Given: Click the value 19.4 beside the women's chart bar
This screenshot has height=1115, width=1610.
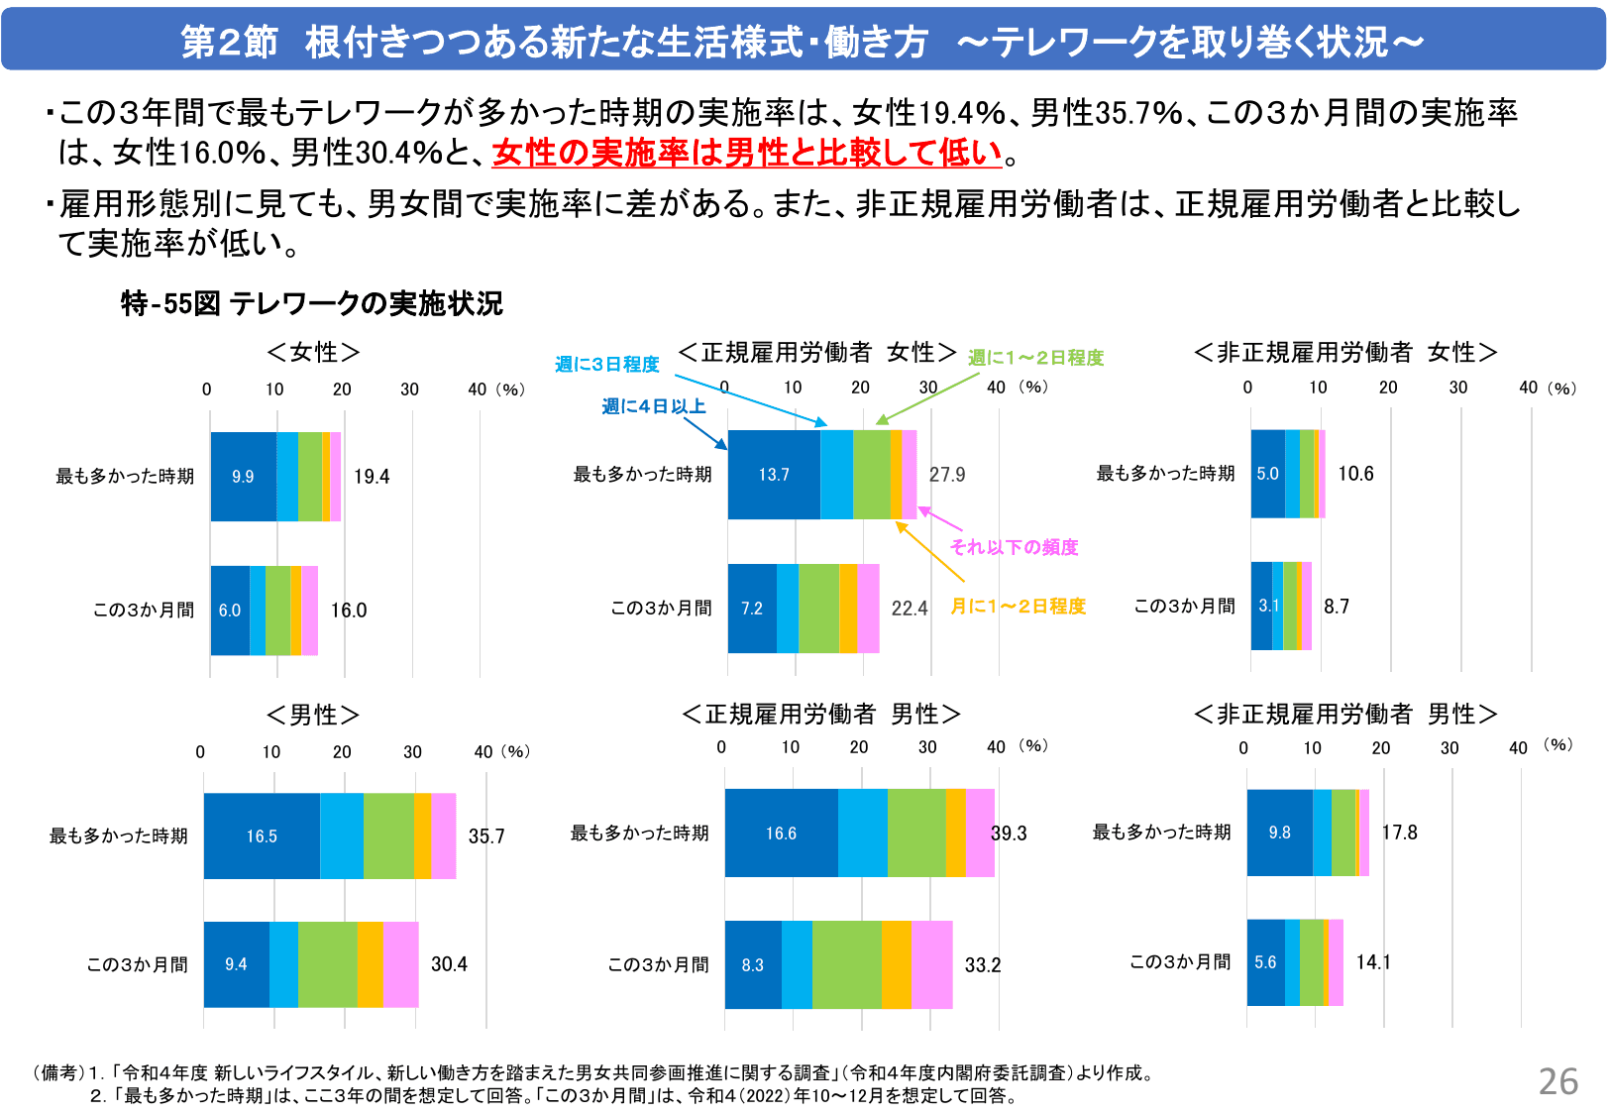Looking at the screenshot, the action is pos(372,477).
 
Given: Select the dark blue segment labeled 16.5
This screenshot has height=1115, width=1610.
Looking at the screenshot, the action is pos(262,836).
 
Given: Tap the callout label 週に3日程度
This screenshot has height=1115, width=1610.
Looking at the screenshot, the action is pos(606,365).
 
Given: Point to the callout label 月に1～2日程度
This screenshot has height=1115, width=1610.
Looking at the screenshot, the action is pos(1018,606).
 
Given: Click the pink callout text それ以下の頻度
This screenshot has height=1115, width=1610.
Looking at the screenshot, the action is pos(1014,547).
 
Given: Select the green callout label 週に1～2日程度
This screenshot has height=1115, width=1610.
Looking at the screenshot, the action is pos(1035,358).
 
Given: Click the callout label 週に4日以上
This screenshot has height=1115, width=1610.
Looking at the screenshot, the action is pos(653,406).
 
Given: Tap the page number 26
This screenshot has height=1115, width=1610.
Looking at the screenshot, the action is pos(1557,1081).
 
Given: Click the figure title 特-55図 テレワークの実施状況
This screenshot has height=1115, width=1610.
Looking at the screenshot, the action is pos(311,303).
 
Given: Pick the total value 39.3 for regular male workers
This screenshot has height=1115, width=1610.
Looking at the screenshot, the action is pos(1009,834).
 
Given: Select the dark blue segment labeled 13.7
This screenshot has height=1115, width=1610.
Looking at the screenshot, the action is pos(774,475).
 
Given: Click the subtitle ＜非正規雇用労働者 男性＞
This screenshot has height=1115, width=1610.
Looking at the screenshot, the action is pos(1345,714).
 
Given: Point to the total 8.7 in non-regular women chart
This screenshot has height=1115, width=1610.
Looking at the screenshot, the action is pos(1337,607).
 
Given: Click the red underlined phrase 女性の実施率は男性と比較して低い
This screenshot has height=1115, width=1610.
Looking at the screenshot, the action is pos(747,153).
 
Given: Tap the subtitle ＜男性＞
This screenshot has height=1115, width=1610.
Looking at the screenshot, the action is pos(313,715).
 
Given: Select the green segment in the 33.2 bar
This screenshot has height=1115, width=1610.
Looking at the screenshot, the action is pos(846,964).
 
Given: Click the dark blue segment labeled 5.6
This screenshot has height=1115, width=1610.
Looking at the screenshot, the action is pos(1265,962).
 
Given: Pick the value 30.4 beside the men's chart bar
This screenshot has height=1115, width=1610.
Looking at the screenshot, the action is pos(449,964).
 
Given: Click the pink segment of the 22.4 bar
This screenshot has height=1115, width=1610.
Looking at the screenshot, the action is pos(868,609).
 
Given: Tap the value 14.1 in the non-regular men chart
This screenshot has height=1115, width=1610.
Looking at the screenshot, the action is pos(1373,962).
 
